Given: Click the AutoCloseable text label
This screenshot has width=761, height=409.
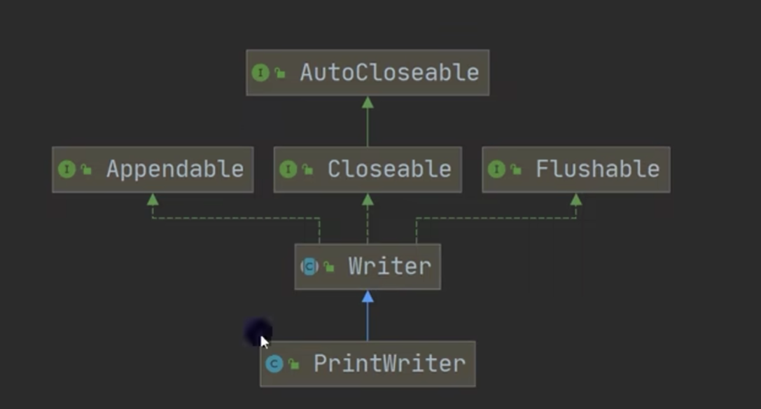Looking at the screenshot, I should pyautogui.click(x=389, y=73).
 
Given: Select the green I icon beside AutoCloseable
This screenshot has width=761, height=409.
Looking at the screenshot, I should pyautogui.click(x=260, y=73).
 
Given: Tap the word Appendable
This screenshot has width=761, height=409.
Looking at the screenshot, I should pyautogui.click(x=174, y=169).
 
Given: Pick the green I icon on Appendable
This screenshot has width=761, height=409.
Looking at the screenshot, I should pyautogui.click(x=67, y=169).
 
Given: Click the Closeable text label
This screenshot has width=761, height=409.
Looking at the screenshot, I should pyautogui.click(x=389, y=169).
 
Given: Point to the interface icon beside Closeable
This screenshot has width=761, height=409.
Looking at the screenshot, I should pyautogui.click(x=288, y=169).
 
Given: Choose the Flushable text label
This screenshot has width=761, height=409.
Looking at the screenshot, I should pyautogui.click(x=597, y=169).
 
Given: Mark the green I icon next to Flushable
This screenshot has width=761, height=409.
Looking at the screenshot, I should pyautogui.click(x=496, y=169).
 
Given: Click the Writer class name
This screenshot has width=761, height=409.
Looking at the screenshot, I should pyautogui.click(x=389, y=267).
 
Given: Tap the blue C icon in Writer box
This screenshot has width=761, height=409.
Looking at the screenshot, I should pyautogui.click(x=309, y=267).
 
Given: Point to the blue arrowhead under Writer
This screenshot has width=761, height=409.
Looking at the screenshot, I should pyautogui.click(x=368, y=297).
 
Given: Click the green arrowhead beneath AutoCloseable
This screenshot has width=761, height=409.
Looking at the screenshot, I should pyautogui.click(x=368, y=102).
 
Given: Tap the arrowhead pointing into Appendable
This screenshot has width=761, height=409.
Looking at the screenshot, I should pyautogui.click(x=153, y=200).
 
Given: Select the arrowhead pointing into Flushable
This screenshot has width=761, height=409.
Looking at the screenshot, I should pyautogui.click(x=576, y=200).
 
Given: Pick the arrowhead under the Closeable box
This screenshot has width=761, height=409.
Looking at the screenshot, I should pyautogui.click(x=368, y=200).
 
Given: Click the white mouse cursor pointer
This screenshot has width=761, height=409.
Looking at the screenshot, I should pyautogui.click(x=264, y=342).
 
